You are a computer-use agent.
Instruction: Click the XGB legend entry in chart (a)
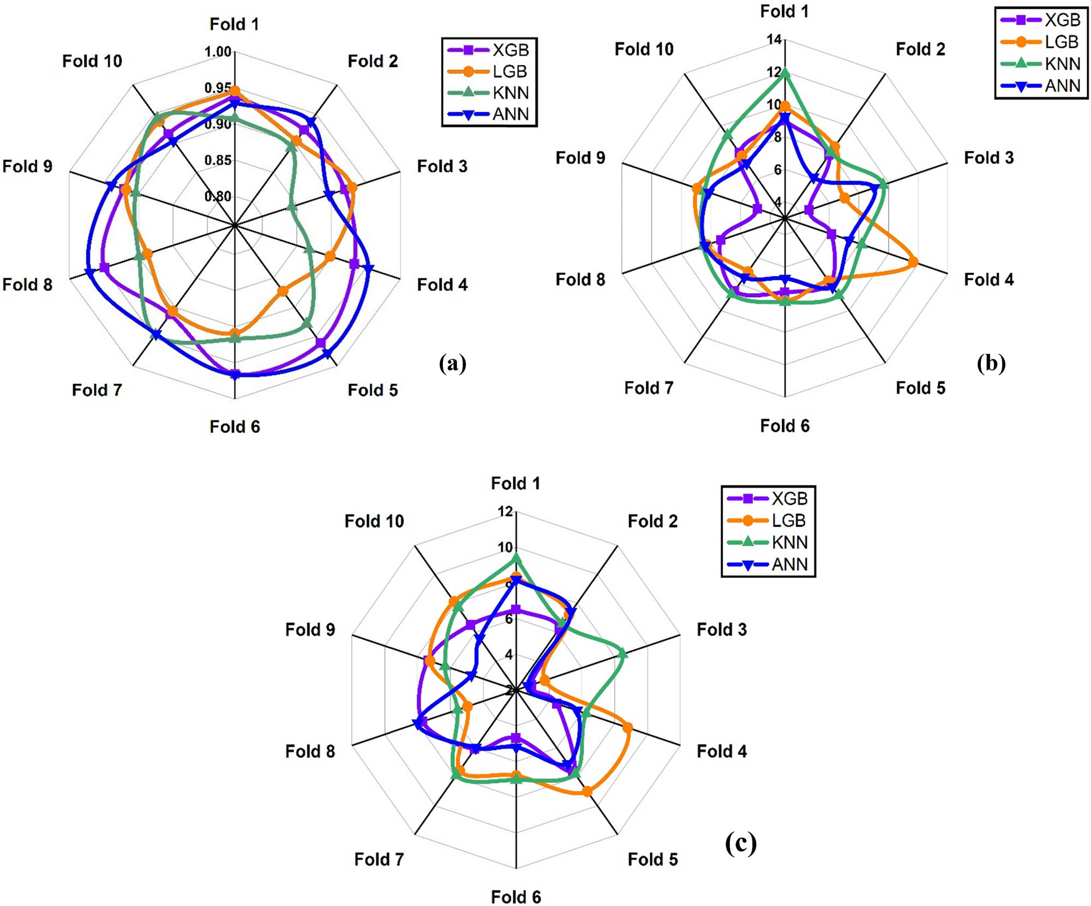489,50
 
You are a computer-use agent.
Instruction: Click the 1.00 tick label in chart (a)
218,52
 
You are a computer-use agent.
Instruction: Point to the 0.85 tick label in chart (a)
218,160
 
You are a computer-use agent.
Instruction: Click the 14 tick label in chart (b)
774,39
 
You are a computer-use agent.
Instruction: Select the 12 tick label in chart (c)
505,511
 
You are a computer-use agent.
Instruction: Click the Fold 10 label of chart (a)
92,61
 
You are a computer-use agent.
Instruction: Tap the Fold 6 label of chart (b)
784,426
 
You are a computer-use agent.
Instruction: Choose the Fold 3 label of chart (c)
721,630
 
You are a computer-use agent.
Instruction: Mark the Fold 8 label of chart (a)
27,285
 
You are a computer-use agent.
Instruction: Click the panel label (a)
452,363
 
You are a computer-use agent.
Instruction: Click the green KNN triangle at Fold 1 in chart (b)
785,73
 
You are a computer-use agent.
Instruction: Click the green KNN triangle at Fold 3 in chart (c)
622,654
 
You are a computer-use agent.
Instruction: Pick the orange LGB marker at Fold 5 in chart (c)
587,792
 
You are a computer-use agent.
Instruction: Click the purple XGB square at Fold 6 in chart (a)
235,374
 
